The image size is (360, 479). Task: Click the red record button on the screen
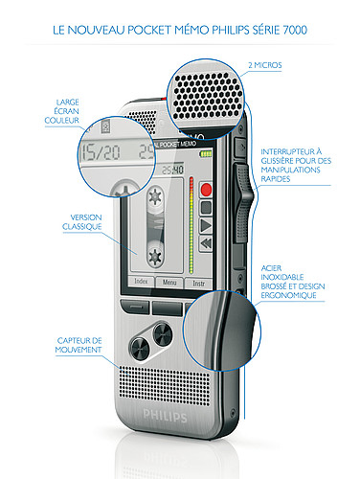coord(206,190)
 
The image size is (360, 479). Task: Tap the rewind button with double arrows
coord(206,243)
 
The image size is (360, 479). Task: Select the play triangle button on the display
coord(206,226)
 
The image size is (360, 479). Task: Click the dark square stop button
coord(206,208)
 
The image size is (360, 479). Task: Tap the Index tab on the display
coord(141,282)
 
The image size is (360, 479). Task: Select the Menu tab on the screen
coord(169,283)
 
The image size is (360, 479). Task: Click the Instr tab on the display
coord(198,284)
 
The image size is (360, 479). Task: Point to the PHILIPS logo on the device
coord(165,416)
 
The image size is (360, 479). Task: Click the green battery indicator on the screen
coord(206,154)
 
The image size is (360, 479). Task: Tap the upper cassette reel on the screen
coord(155,196)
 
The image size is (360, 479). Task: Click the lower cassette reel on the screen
coord(155,256)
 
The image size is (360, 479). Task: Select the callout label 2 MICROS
coord(265,65)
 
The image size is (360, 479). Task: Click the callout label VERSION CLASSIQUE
coord(82,222)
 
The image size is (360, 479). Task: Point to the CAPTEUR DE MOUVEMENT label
coord(79,345)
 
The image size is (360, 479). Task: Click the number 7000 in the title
coord(295,30)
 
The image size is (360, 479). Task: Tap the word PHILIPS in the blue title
coord(231,30)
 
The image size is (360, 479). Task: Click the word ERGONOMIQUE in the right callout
coord(289,295)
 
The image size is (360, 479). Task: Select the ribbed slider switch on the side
coord(243,203)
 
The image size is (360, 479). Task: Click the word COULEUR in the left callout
coord(61,121)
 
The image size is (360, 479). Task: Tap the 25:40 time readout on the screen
coord(172,170)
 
